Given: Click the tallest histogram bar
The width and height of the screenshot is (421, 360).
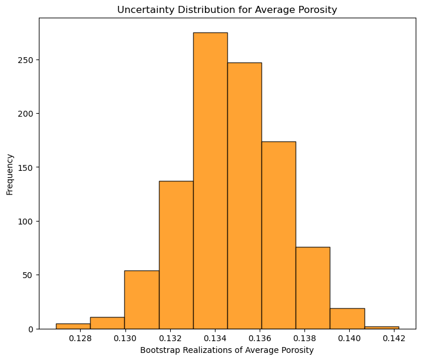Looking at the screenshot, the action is coord(211,180).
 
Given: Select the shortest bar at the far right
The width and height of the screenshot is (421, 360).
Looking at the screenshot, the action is coord(382,328).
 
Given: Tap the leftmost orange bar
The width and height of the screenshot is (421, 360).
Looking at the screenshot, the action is coord(73,326).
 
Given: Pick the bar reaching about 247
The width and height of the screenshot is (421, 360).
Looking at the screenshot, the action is coord(244,196).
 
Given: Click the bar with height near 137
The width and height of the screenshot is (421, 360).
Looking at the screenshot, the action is coord(176,255).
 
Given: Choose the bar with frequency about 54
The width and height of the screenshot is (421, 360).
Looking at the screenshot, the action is coord(142,300).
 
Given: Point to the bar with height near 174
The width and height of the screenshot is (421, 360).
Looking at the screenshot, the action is coord(279,235).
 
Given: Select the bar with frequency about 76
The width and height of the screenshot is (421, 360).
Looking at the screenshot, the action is coord(313,288).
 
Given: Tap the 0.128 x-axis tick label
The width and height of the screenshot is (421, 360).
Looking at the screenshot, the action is coord(80,338).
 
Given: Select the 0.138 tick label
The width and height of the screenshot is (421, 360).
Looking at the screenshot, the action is coord(304,338).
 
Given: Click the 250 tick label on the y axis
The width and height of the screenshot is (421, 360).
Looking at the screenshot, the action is coord(25,60).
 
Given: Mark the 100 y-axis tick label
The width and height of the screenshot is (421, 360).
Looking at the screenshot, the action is coord(25,222).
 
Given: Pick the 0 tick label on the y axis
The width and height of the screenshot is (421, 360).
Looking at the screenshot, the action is coord(31,329).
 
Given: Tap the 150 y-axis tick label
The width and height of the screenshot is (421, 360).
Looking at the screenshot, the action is coord(25,167).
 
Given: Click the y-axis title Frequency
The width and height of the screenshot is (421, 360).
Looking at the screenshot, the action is coord(9,174).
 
